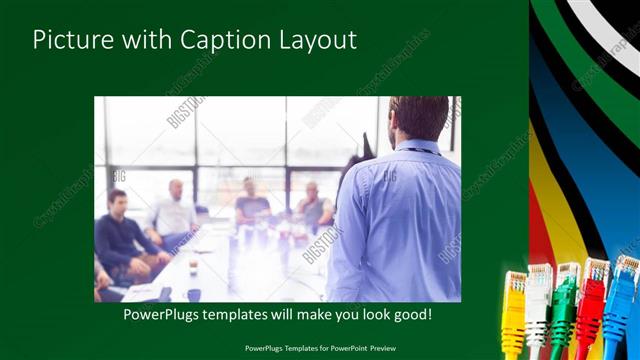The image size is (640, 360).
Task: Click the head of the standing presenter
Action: click(x=418, y=116)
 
